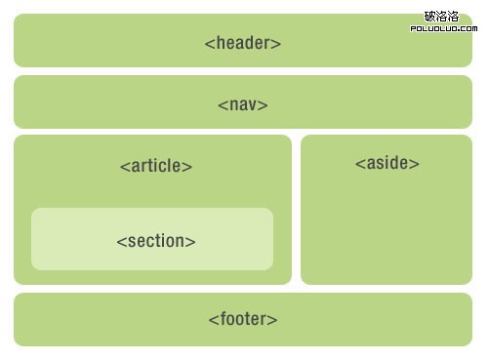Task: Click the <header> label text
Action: pyautogui.click(x=243, y=43)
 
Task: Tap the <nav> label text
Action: pyautogui.click(x=243, y=104)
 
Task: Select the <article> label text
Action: pyautogui.click(x=155, y=166)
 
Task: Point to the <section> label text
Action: pyautogui.click(x=155, y=241)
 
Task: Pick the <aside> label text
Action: pyautogui.click(x=386, y=163)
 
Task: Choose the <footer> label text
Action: pyautogui.click(x=243, y=319)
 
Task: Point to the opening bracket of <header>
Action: pyautogui.click(x=209, y=44)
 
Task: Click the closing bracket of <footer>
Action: pyautogui.click(x=274, y=320)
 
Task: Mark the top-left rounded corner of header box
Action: pyautogui.click(x=18, y=18)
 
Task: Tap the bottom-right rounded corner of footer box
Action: pyautogui.click(x=468, y=342)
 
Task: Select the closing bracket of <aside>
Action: pyautogui.click(x=416, y=164)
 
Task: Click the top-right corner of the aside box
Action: pyautogui.click(x=468, y=139)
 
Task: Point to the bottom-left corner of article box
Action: pyautogui.click(x=18, y=281)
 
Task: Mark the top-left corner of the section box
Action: pyautogui.click(x=35, y=212)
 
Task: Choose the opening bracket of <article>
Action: pyautogui.click(x=124, y=167)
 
